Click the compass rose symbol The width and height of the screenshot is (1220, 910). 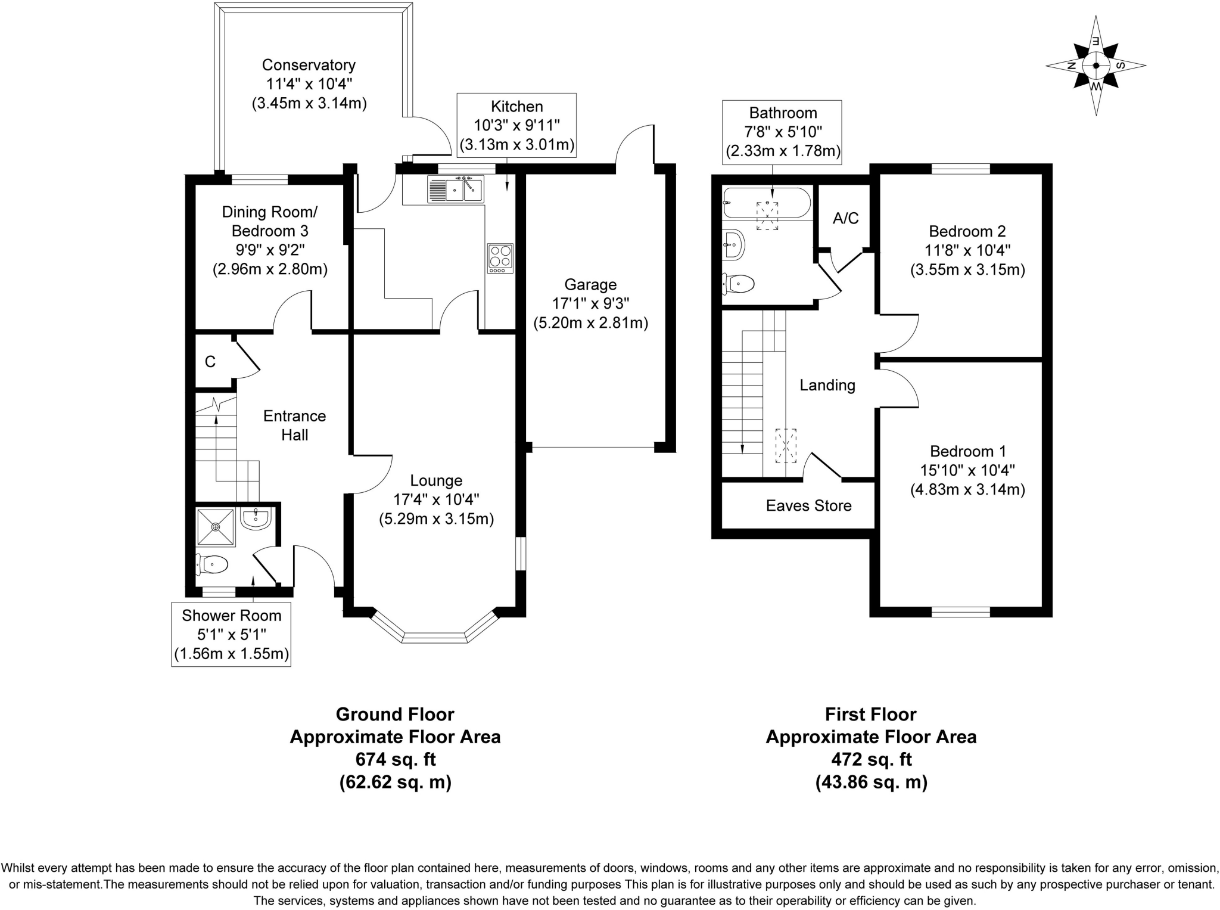click(x=1095, y=66)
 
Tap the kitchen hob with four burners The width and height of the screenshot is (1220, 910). click(x=500, y=258)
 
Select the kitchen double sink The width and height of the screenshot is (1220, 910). click(x=456, y=189)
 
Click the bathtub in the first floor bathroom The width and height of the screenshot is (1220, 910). click(x=766, y=203)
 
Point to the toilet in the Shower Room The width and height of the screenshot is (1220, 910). click(x=212, y=564)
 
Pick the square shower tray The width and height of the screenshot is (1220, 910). click(x=216, y=526)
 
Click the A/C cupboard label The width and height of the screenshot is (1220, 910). click(x=845, y=218)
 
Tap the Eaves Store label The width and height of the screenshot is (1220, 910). click(x=808, y=506)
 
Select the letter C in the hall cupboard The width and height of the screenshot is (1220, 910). click(x=210, y=362)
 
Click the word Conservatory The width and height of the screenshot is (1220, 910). click(x=309, y=65)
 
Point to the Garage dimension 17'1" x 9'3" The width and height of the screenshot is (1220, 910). click(x=590, y=304)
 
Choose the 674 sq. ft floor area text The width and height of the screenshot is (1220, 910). click(x=396, y=759)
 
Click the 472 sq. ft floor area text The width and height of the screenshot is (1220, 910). click(x=871, y=759)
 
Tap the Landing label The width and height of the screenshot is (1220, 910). click(x=827, y=386)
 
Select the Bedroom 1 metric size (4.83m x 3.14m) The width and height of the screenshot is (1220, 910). click(x=967, y=490)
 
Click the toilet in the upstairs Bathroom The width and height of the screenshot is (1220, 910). click(x=739, y=284)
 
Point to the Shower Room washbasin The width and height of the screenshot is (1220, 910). click(x=257, y=518)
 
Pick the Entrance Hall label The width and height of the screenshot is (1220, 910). click(x=294, y=426)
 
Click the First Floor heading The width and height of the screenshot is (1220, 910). click(x=870, y=714)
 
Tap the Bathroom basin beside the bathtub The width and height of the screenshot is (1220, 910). click(x=734, y=244)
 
